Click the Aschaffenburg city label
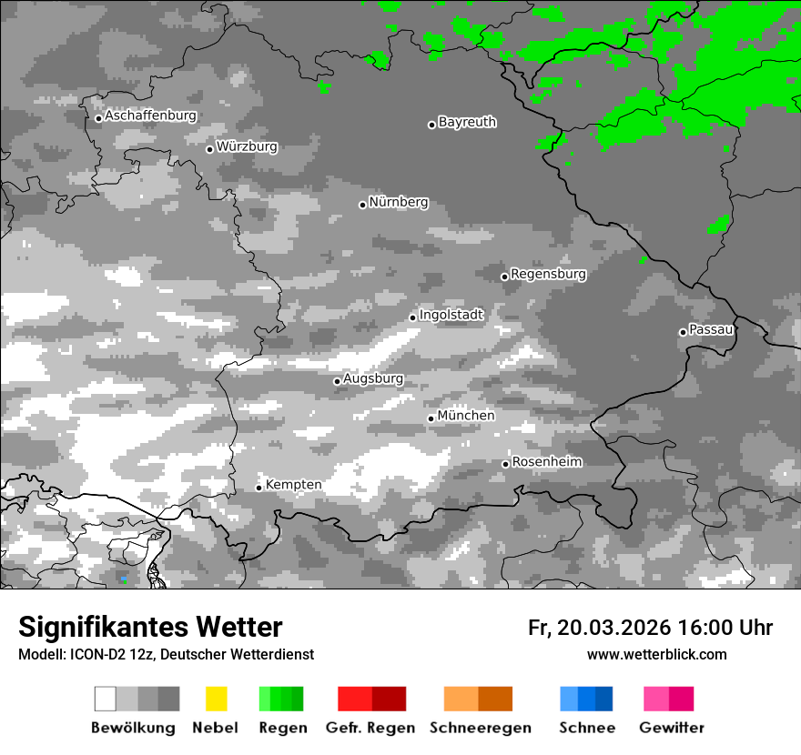(x=150, y=116)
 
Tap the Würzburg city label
(x=247, y=146)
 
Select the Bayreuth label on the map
(x=467, y=122)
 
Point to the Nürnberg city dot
(x=362, y=205)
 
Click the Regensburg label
(x=548, y=274)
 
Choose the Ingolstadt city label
(x=451, y=315)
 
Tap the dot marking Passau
(x=683, y=332)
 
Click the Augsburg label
(x=373, y=378)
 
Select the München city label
(x=466, y=416)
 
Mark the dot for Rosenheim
(x=505, y=464)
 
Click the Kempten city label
(x=293, y=485)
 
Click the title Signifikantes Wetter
(x=150, y=628)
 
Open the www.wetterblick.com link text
(x=657, y=655)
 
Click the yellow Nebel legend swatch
(x=216, y=699)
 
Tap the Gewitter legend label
(x=672, y=728)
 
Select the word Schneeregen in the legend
(x=481, y=728)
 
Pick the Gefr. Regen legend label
(x=370, y=728)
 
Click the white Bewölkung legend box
(x=106, y=699)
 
